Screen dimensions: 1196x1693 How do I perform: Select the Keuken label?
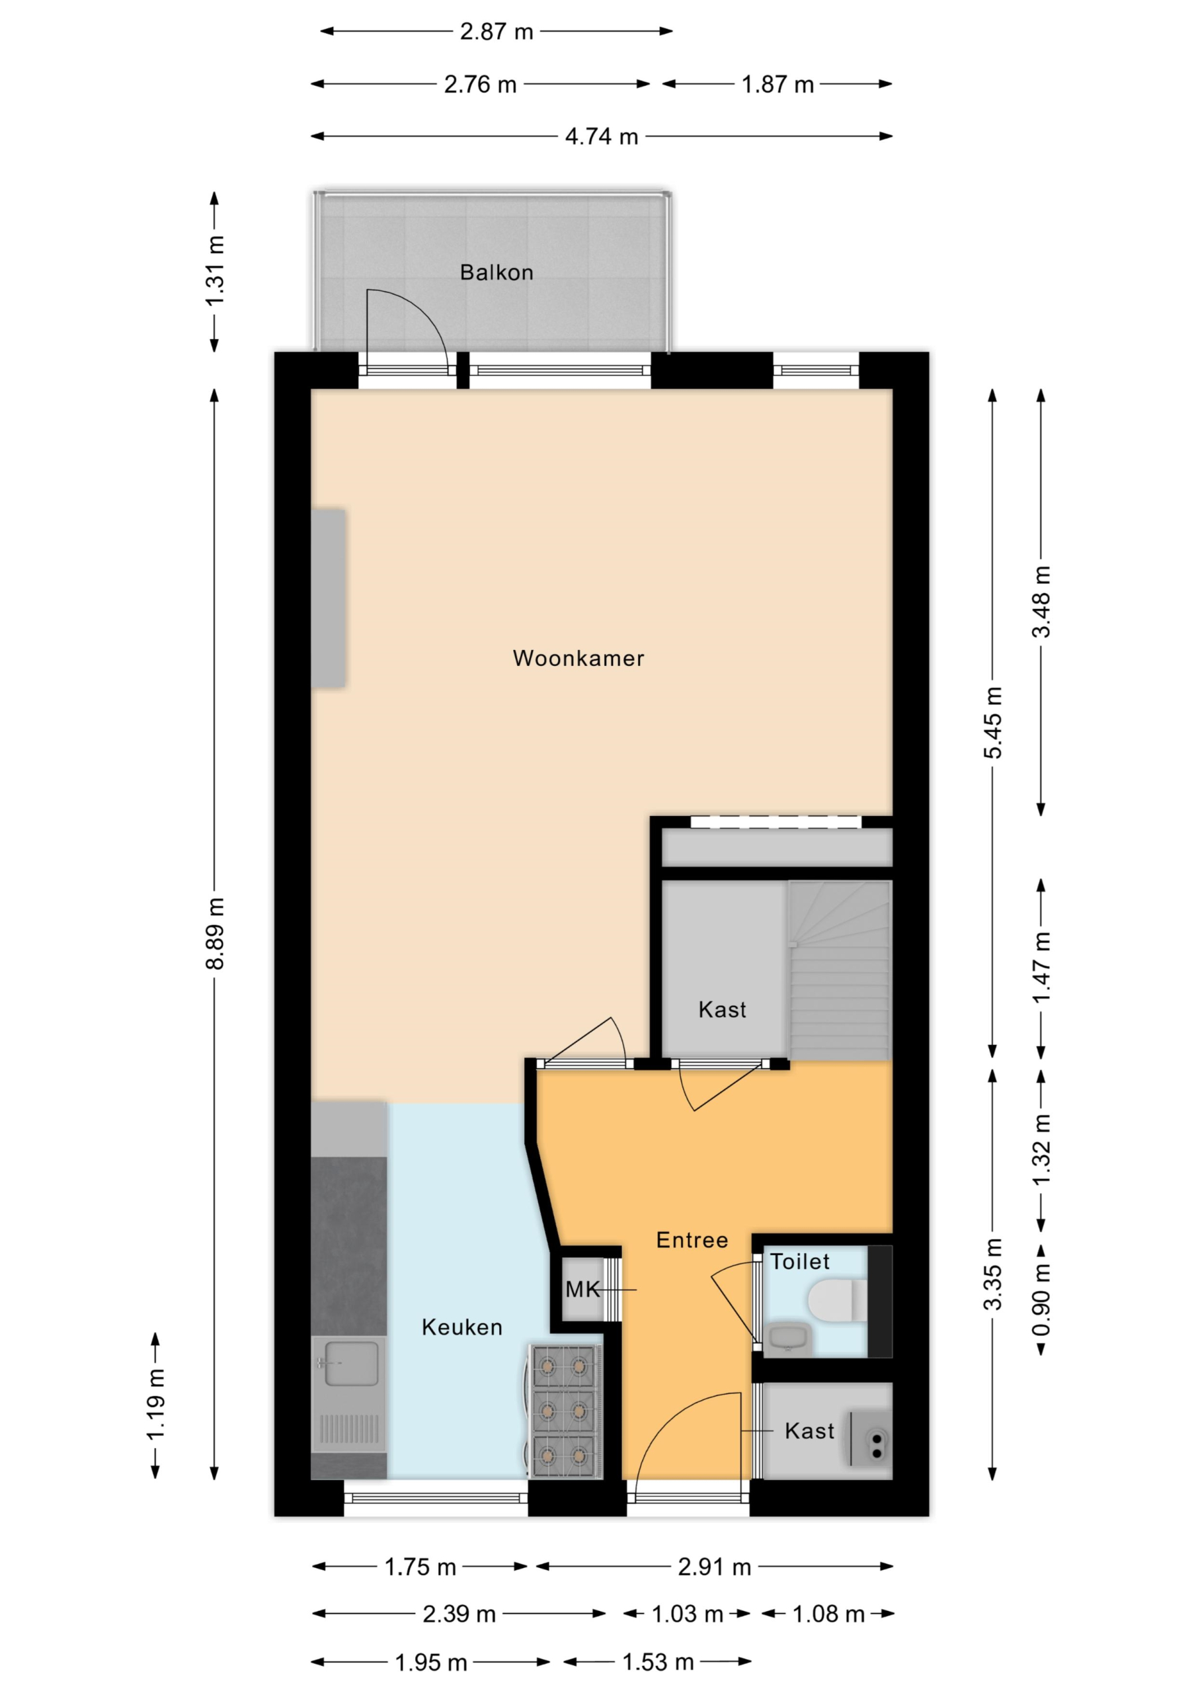click(461, 1327)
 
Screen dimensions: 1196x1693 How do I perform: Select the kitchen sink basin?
click(351, 1364)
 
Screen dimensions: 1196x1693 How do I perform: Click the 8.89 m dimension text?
click(215, 934)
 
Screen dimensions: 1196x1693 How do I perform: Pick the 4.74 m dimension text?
click(601, 136)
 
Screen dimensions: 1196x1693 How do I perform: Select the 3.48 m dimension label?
click(1041, 602)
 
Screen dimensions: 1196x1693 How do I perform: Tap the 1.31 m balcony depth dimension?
click(215, 271)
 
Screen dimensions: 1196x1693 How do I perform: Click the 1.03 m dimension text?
click(686, 1614)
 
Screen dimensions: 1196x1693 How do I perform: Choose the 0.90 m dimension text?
click(1041, 1300)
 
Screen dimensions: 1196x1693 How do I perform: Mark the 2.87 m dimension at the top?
click(497, 32)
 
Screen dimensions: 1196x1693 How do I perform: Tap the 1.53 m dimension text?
click(658, 1662)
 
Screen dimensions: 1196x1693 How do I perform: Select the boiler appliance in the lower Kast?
click(870, 1438)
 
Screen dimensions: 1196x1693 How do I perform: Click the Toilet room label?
click(799, 1262)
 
